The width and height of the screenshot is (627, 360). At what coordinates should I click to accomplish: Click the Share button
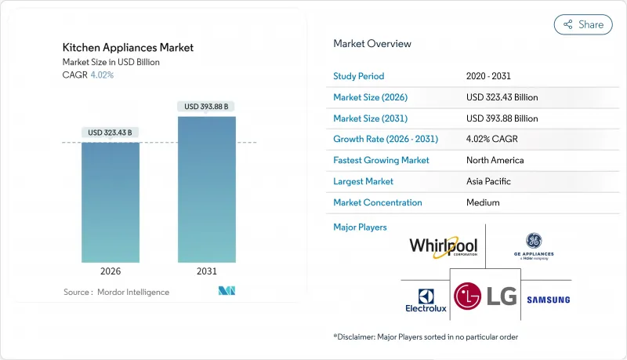583,24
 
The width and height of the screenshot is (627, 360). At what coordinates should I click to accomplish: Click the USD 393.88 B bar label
207,107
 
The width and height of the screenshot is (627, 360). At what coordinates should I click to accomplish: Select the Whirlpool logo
443,247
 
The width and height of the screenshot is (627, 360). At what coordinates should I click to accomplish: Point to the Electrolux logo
426,300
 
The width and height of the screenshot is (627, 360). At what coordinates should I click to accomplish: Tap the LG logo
486,296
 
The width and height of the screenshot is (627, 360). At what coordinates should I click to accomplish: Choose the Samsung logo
549,300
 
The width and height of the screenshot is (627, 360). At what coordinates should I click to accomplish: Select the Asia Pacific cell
489,181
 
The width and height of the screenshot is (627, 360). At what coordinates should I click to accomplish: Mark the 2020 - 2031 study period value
489,76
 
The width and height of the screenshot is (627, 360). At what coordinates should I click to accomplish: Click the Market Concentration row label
378,202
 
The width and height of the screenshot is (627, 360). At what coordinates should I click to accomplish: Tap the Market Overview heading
372,44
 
